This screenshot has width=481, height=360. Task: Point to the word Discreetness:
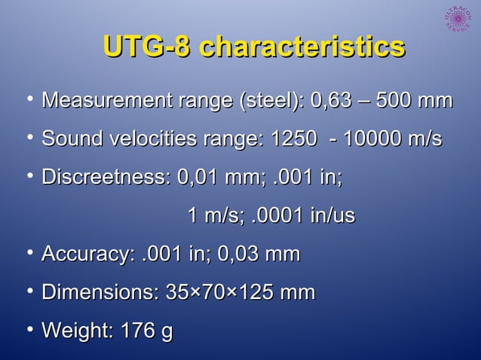pos(106,179)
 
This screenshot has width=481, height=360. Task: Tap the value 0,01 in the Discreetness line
pos(199,179)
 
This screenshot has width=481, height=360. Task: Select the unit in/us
pos(331,216)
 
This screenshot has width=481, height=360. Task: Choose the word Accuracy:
pos(89,255)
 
